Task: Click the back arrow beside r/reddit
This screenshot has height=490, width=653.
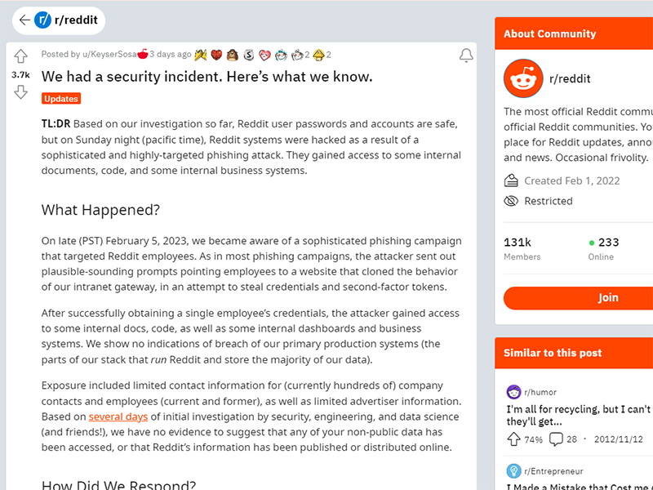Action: pos(24,20)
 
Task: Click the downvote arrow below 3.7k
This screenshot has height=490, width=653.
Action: pos(21,92)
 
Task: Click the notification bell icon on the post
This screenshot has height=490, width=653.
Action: pos(466,56)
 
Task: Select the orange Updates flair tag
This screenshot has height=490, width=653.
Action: pos(61,99)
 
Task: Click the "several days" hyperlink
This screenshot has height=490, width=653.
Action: pos(118,416)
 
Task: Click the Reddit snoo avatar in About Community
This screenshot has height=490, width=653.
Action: pos(523,79)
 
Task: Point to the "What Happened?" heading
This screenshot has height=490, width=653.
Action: pos(100,210)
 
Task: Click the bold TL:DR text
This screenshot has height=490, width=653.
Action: pos(56,124)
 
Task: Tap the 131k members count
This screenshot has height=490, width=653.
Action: pos(518,243)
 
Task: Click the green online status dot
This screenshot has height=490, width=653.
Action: pos(592,243)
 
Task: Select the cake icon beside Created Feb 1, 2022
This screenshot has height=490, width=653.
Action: pos(512,180)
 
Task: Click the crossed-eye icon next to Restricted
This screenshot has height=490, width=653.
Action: pos(512,201)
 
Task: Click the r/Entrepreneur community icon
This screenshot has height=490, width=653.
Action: pos(513,470)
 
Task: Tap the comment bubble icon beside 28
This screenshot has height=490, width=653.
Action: pos(556,439)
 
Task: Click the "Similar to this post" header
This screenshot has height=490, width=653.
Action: pos(553,353)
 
